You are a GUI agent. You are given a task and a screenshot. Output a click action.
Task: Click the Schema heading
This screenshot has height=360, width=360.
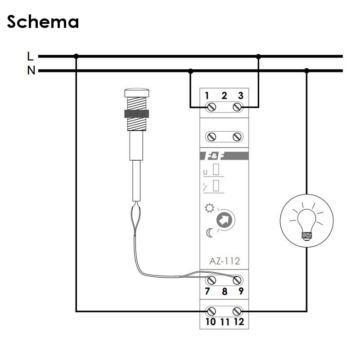click(43, 21)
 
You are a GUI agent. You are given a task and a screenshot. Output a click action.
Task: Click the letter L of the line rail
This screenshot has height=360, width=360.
click(30, 56)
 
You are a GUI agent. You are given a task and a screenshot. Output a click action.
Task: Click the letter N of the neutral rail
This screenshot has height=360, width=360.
click(31, 71)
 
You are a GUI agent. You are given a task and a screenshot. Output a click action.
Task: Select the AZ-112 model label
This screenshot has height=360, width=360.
click(225, 261)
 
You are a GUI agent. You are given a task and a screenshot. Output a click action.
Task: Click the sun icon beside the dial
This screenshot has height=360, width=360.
click(208, 208)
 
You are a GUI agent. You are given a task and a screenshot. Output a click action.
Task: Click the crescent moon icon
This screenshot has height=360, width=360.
click(209, 233)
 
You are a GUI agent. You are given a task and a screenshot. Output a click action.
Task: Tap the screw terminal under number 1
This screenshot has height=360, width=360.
click(210, 107)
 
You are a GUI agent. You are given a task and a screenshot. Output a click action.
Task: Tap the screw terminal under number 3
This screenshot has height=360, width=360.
click(237, 107)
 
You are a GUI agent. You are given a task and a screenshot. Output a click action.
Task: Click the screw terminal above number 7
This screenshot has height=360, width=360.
click(210, 279)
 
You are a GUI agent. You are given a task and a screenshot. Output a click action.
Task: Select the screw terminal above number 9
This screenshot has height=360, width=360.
click(237, 279)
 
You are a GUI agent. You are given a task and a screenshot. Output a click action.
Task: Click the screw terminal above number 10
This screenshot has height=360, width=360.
click(210, 310)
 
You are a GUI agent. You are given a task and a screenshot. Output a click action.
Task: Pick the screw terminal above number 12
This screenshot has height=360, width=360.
click(237, 310)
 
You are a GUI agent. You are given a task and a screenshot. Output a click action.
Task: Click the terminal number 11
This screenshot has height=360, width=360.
click(225, 322)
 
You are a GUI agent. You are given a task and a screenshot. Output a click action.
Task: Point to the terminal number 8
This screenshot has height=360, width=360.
click(225, 291)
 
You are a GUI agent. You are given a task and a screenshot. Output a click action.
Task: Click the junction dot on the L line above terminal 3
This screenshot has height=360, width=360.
click(258, 56)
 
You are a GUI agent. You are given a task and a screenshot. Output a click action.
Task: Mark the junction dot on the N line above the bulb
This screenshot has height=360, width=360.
click(307, 71)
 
